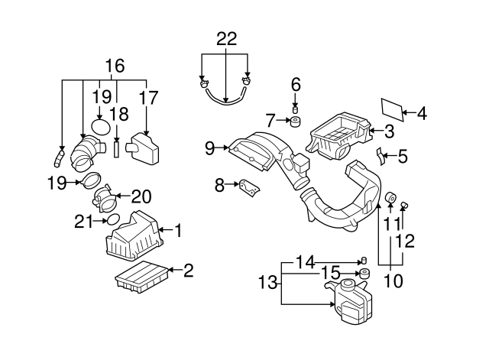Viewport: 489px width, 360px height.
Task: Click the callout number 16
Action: click(x=115, y=66)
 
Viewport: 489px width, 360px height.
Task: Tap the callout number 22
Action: click(x=226, y=38)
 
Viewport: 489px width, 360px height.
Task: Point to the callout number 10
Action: click(x=393, y=281)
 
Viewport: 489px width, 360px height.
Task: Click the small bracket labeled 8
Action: click(x=249, y=186)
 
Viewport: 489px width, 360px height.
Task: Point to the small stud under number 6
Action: click(x=296, y=104)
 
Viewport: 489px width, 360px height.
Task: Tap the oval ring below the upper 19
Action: click(x=100, y=127)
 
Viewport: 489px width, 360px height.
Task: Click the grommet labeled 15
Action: click(x=364, y=274)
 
